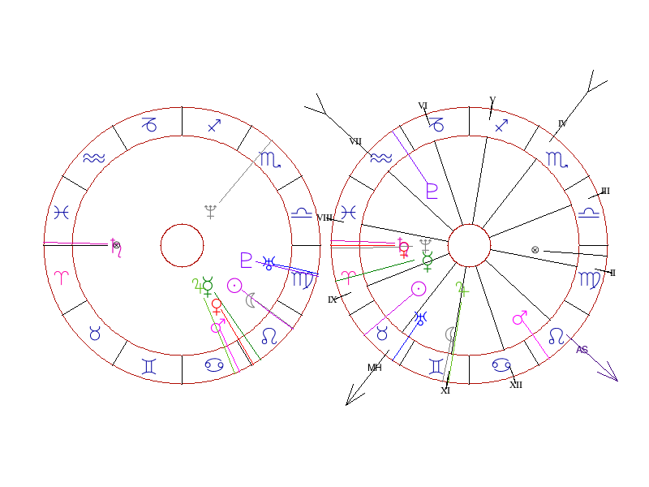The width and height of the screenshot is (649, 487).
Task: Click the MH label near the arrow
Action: point(374,368)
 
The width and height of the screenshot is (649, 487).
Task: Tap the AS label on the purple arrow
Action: point(582,350)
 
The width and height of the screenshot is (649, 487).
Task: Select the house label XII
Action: point(516,385)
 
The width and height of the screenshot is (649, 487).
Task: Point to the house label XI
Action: point(445,390)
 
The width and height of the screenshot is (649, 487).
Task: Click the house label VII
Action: point(355,141)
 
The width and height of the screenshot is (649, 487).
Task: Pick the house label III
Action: point(605,192)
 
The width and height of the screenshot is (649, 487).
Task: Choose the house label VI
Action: point(423,106)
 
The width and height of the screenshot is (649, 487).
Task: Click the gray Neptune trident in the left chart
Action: point(211,212)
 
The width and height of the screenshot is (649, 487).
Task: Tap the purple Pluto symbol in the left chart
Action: point(247,260)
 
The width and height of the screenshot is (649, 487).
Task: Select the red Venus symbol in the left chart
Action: point(217,306)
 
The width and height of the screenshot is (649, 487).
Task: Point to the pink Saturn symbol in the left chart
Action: point(116,248)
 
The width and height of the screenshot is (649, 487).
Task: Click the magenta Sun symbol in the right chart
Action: point(419,288)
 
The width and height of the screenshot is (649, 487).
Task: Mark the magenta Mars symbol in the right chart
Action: point(520,317)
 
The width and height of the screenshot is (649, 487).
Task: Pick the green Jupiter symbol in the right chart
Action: point(462,287)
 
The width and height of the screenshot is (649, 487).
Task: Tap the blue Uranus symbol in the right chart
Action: point(421,317)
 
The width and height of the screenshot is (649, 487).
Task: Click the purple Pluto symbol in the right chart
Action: point(432,191)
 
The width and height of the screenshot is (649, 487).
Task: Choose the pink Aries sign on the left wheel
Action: point(62,276)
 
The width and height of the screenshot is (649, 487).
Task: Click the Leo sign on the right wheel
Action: point(557,335)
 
